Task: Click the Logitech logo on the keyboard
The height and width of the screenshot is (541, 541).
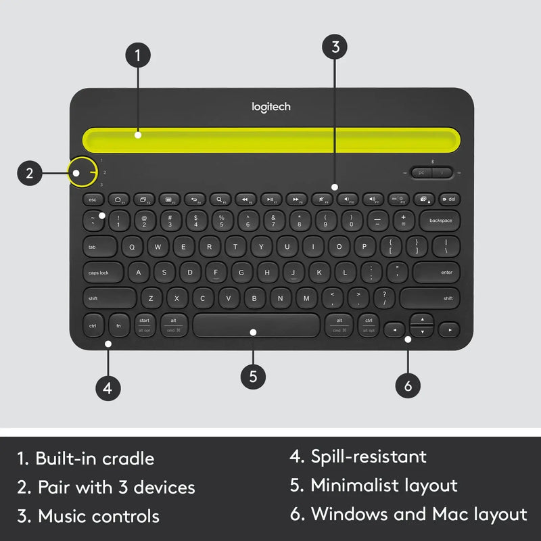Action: pyautogui.click(x=271, y=106)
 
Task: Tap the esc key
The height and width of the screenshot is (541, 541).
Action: pyautogui.click(x=93, y=199)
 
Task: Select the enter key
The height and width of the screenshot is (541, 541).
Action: pyautogui.click(x=436, y=273)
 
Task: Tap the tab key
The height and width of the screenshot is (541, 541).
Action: pyautogui.click(x=99, y=247)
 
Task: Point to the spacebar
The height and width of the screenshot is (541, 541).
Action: pyautogui.click(x=256, y=325)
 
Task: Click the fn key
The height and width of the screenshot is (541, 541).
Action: pyautogui.click(x=119, y=325)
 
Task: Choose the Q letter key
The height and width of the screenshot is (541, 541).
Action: pyautogui.click(x=132, y=247)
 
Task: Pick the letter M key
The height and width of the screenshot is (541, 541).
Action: pyautogui.click(x=306, y=298)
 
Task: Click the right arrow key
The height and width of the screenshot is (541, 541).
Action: pyautogui.click(x=448, y=330)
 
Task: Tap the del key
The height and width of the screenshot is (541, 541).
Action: pyautogui.click(x=449, y=199)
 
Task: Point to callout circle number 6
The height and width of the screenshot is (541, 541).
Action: pyautogui.click(x=408, y=385)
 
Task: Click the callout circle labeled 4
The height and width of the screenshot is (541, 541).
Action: pyautogui.click(x=108, y=388)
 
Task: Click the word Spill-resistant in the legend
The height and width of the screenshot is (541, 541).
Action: pyautogui.click(x=369, y=456)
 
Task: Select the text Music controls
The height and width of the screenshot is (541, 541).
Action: pyautogui.click(x=99, y=517)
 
